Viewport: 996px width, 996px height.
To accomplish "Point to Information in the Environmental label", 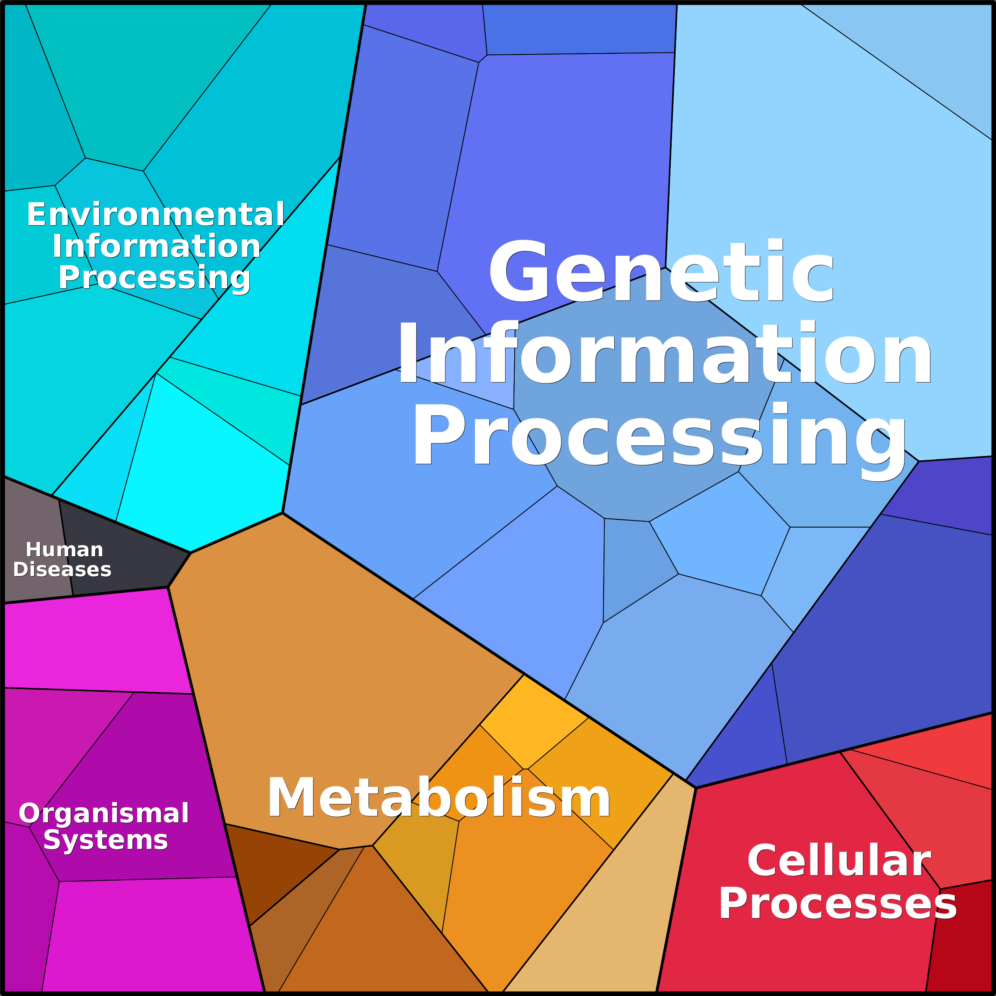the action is point(156,246).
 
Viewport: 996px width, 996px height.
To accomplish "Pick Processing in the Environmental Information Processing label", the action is point(154,278).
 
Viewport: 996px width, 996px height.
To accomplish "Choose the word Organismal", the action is point(103,814).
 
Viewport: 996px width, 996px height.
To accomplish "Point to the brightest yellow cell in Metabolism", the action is point(531,722).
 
